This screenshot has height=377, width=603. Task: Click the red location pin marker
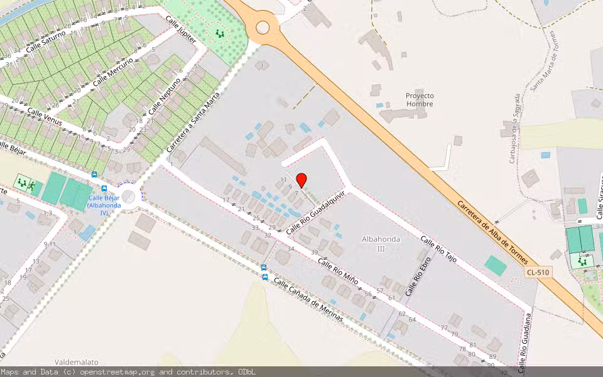pos(301,180)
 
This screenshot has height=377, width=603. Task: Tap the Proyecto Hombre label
pos(420,99)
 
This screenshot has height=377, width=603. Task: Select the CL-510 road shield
pos(538,272)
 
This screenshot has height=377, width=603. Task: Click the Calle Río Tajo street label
pos(438,249)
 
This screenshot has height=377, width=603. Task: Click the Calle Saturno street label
pos(45,43)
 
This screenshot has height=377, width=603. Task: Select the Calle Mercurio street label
pos(113,72)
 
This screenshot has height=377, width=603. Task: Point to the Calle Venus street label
pos(44,116)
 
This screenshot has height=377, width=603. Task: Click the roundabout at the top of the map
pos(263,27)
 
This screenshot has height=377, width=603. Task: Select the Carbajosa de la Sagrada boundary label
pos(514,129)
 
